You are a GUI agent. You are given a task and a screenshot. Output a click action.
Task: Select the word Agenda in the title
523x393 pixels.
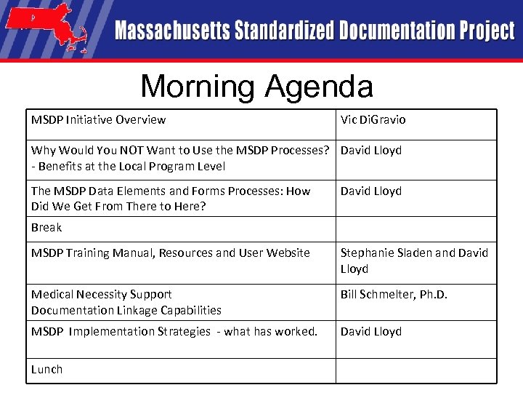319,87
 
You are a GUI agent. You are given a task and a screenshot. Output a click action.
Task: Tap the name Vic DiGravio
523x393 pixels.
373,119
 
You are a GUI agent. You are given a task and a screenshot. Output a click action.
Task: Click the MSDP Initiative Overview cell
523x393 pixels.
98,119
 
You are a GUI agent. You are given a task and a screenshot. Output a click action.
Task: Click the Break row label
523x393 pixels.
46,228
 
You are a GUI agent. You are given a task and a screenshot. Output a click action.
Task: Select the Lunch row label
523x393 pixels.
46,370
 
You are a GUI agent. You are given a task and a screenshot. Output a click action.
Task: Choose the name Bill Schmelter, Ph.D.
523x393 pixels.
394,295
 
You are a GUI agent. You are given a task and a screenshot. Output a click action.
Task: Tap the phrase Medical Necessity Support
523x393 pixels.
101,295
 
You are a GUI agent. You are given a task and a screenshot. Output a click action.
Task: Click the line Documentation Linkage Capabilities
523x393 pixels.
126,311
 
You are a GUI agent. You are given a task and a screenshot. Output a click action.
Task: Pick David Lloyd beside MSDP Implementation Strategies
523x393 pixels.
371,332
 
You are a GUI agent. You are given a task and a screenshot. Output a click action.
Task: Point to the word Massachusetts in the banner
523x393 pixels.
171,31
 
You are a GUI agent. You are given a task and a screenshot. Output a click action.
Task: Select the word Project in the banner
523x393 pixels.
486,31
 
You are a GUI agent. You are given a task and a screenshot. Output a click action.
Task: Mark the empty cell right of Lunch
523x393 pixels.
415,370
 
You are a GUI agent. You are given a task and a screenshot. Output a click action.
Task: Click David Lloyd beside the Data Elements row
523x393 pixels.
371,191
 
